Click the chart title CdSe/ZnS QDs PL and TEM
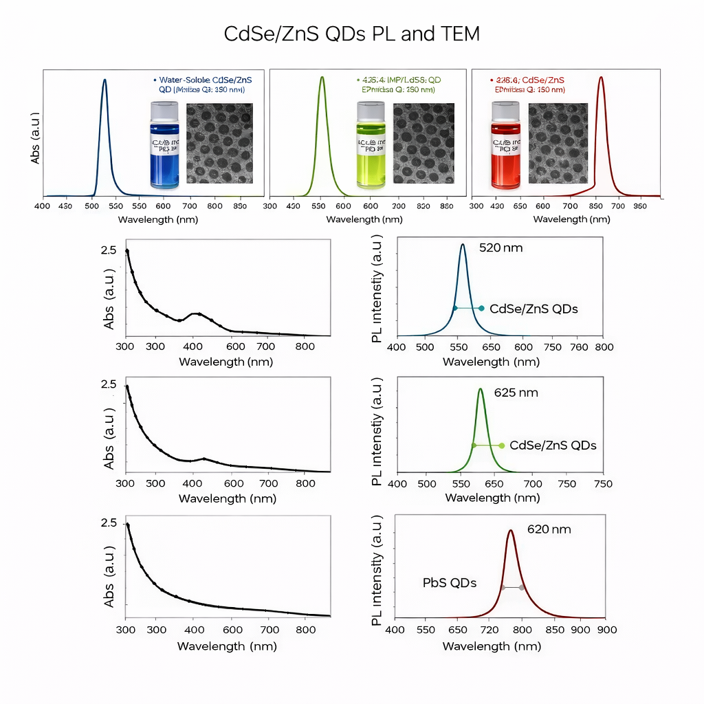pos(351,34)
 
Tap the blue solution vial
pos(164,146)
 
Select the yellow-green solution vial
pos(371,146)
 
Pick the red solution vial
pos(505,146)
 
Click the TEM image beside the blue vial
pos(219,143)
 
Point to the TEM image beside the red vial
pos(558,143)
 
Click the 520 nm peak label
pos(500,247)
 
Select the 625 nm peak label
pos(516,393)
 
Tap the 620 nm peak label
pos(549,529)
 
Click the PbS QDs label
pos(449,583)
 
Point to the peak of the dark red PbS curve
pos(510,531)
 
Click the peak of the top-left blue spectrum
pos(104,80)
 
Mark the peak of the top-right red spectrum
pos(601,77)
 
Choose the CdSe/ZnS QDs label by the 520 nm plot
pos(533,309)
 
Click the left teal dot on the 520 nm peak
pos(454,309)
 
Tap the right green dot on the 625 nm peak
pos(501,445)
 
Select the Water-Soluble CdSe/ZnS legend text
pos(215,80)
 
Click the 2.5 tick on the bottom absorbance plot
pos(109,523)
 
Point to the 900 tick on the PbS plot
pos(605,630)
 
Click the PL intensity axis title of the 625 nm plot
pos(377,432)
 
